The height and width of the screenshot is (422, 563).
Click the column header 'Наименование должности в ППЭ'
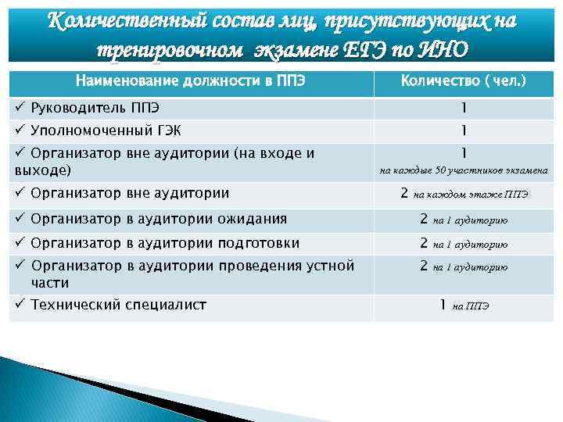(188, 81)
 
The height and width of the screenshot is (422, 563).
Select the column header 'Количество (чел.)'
(463, 81)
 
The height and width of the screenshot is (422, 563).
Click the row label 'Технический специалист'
(118, 305)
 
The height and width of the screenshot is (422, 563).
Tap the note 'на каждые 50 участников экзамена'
(464, 170)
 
